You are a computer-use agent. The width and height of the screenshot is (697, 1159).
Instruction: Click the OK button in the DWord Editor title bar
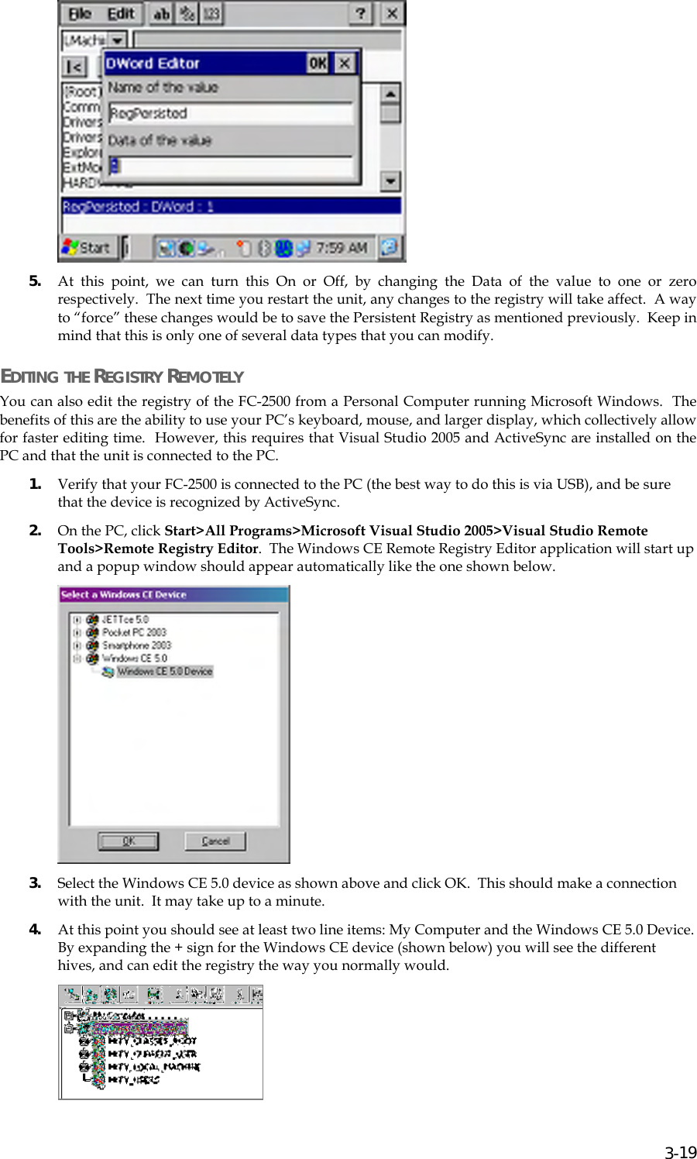click(x=318, y=64)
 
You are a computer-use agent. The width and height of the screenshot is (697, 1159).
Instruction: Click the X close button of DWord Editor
click(x=345, y=64)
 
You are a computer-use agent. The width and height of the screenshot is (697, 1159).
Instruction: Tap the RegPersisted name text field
click(x=229, y=114)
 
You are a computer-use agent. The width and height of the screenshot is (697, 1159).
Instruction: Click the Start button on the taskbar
click(x=88, y=248)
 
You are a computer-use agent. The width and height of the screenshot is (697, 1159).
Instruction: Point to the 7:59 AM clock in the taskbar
click(x=341, y=248)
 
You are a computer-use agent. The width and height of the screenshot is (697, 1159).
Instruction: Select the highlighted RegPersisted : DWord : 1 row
click(x=231, y=206)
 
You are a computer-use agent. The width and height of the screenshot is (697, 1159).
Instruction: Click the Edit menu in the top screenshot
click(x=120, y=14)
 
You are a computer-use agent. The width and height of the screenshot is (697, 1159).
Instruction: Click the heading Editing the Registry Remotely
click(x=122, y=377)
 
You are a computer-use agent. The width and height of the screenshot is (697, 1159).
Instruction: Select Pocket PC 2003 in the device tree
click(x=134, y=632)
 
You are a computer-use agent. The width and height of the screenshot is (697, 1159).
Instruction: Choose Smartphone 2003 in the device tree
click(x=136, y=645)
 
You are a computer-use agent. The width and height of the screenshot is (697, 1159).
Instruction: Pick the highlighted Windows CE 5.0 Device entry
click(x=164, y=672)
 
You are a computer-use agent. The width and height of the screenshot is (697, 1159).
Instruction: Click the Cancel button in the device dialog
click(x=215, y=841)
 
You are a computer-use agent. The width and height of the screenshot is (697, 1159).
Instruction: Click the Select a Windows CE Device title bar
click(x=173, y=595)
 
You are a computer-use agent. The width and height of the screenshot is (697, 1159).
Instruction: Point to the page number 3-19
click(x=681, y=1152)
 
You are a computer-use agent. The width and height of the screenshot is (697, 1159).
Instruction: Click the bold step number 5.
click(x=35, y=281)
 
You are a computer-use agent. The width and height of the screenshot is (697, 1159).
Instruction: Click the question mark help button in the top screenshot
click(x=360, y=14)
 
